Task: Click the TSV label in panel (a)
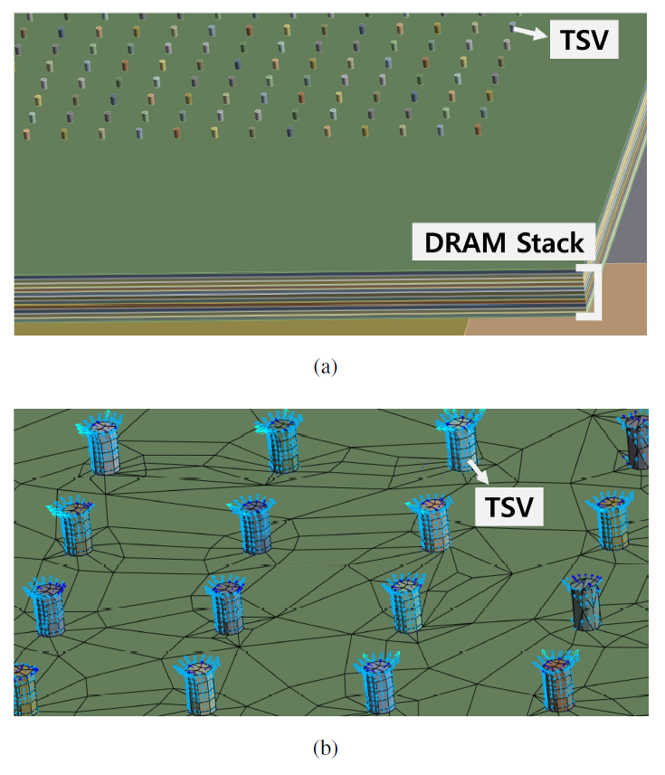(580, 42)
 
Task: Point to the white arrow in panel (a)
(531, 33)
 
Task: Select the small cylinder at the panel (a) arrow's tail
(513, 27)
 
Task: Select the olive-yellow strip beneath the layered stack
(226, 326)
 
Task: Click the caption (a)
(325, 366)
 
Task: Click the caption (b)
(325, 748)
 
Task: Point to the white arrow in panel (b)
(477, 469)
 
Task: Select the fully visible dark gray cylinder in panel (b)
(584, 605)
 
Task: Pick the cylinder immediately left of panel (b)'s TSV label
(429, 526)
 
